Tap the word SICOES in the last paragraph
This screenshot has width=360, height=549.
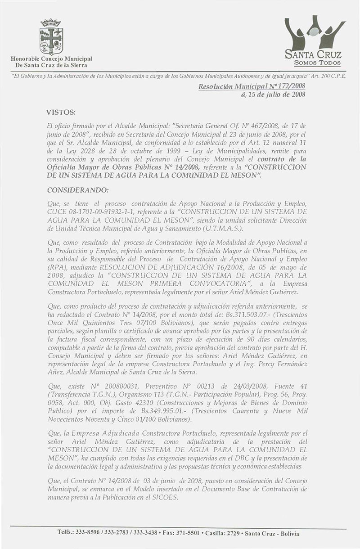(x=166, y=494)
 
